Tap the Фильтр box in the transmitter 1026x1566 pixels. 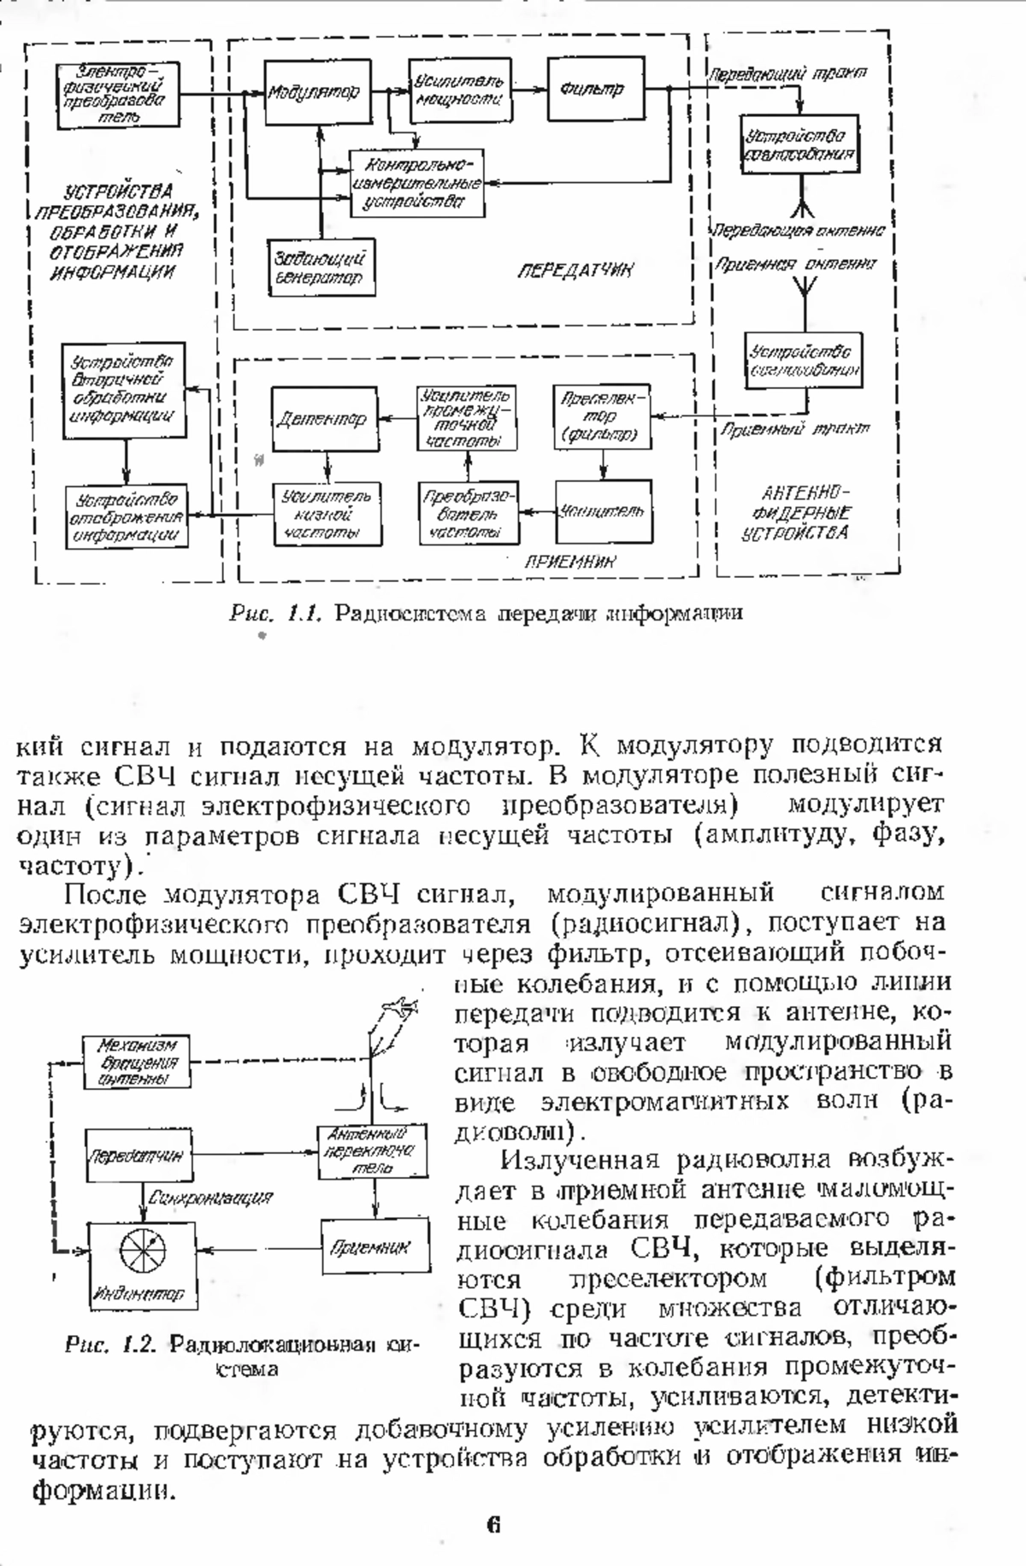click(x=596, y=89)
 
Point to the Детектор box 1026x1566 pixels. click(x=323, y=419)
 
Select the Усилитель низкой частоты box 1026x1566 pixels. click(x=327, y=515)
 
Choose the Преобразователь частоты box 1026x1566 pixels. click(x=469, y=513)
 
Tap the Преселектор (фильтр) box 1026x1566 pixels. click(x=602, y=417)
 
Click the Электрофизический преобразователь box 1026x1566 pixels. click(x=118, y=93)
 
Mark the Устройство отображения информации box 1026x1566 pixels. click(x=127, y=516)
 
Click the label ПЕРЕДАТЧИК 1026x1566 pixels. click(x=575, y=271)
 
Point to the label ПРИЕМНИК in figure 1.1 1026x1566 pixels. click(x=571, y=562)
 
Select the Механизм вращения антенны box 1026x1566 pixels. click(x=137, y=1062)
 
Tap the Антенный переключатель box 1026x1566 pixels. click(x=372, y=1151)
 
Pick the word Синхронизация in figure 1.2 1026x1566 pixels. click(x=210, y=1198)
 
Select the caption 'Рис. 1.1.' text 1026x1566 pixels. click(x=274, y=613)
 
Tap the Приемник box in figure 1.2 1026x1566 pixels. click(x=374, y=1248)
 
